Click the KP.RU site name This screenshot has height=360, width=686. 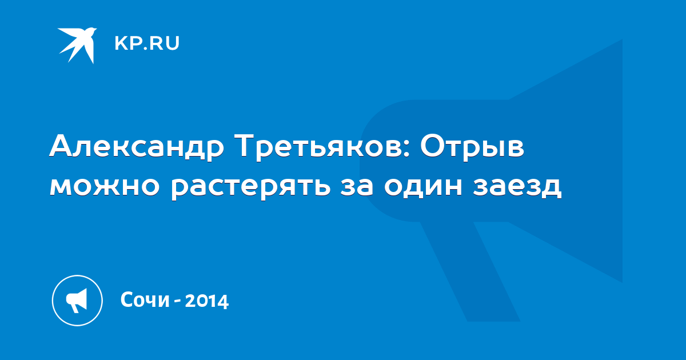point(147,43)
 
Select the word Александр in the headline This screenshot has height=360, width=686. point(137,147)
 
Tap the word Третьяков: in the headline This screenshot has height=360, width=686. point(324,147)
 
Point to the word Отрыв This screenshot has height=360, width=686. point(472,147)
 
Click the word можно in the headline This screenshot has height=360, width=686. point(105,186)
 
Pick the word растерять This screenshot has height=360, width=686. point(250,187)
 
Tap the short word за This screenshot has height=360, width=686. point(357,186)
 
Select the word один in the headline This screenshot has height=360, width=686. point(423,187)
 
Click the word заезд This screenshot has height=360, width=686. point(517,187)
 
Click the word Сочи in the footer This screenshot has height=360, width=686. point(145,299)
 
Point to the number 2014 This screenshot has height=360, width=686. point(207,301)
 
